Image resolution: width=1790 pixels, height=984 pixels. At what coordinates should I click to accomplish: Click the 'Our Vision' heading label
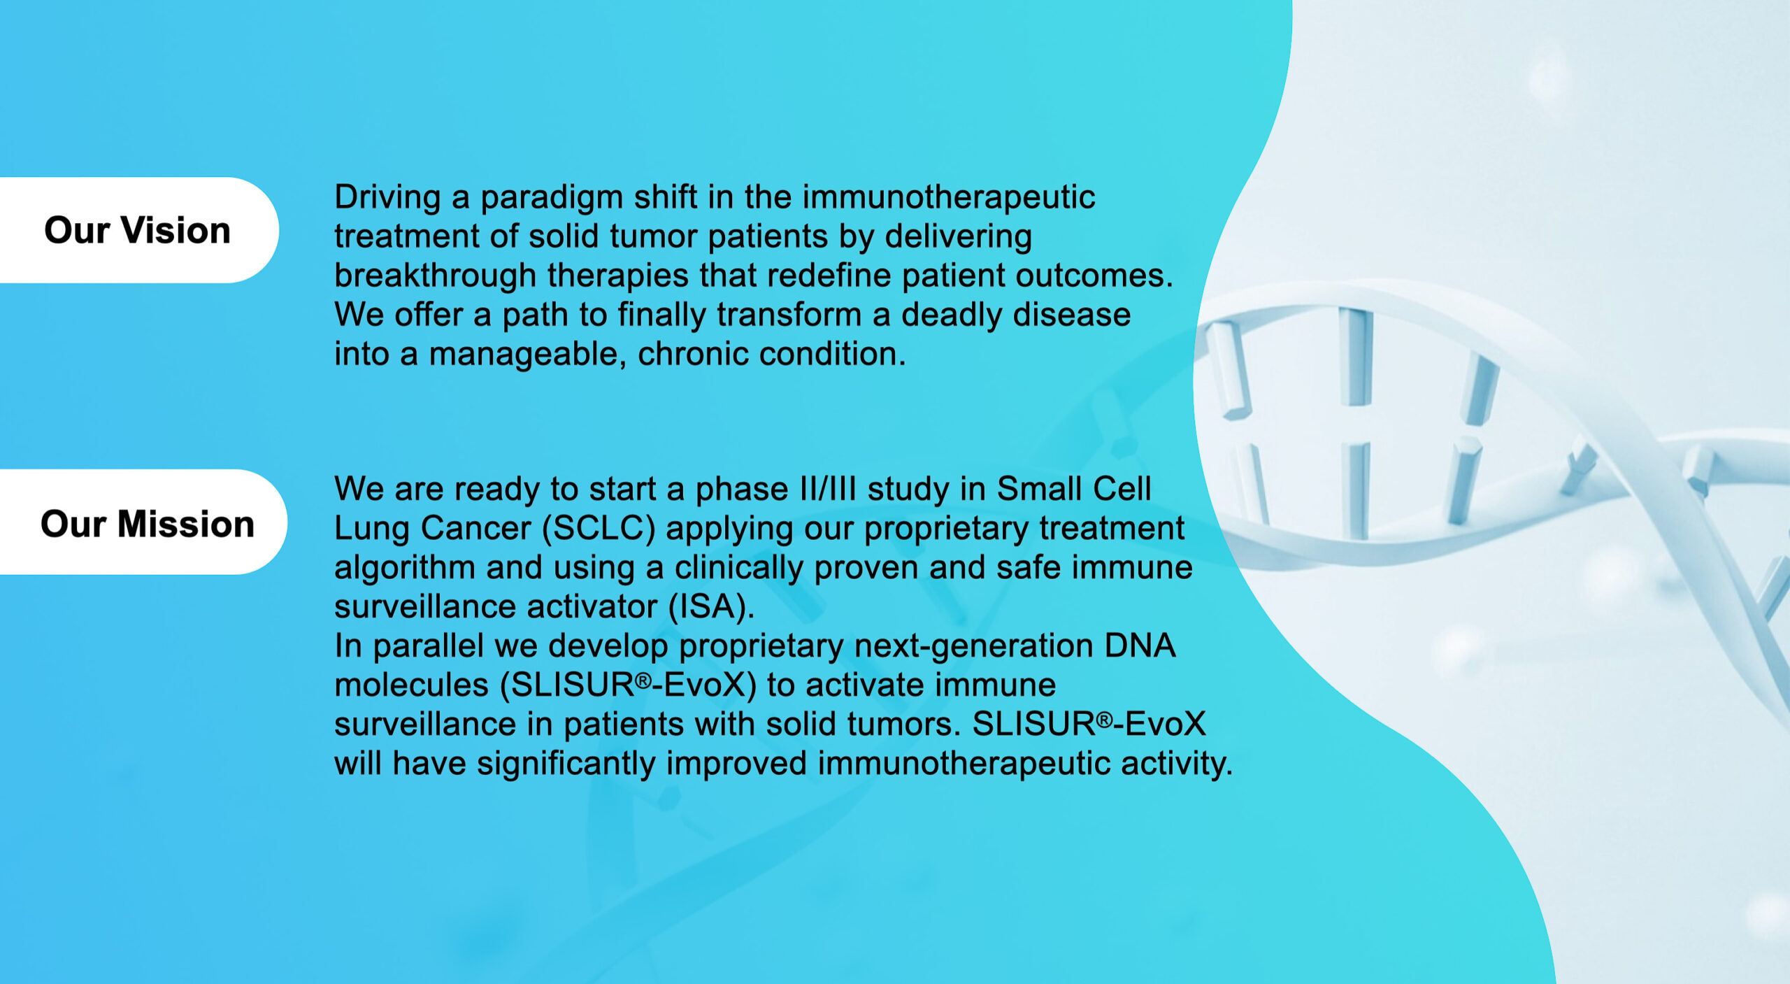click(x=137, y=230)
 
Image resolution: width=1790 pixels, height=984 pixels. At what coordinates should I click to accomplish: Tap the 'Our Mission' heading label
click(x=148, y=524)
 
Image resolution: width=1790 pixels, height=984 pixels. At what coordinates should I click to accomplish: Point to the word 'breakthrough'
click(x=435, y=276)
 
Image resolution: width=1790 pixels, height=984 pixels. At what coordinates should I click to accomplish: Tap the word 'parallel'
click(x=428, y=646)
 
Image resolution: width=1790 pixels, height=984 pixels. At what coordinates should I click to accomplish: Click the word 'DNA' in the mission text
click(x=1140, y=646)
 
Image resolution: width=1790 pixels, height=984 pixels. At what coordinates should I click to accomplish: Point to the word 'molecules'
click(x=411, y=685)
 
